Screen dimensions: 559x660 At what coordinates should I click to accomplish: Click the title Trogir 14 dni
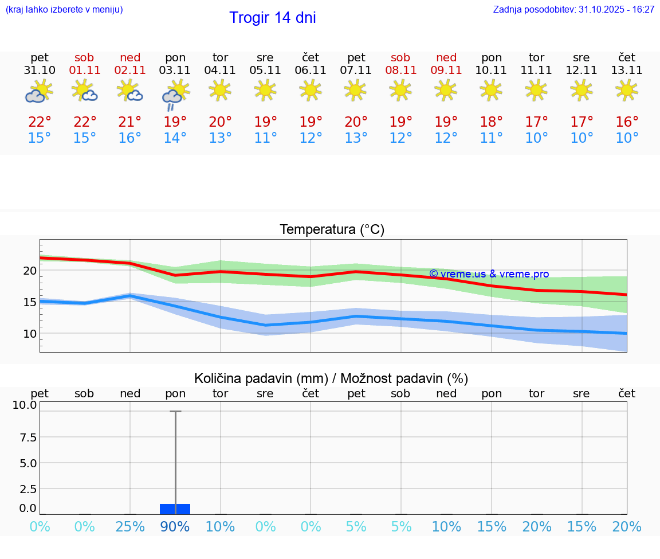click(x=272, y=18)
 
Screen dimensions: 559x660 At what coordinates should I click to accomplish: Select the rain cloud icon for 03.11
click(x=175, y=93)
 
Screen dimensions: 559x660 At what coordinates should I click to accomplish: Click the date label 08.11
click(x=400, y=71)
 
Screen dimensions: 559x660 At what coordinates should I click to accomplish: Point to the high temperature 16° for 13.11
click(x=627, y=122)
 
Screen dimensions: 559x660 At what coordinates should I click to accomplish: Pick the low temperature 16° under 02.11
click(x=130, y=138)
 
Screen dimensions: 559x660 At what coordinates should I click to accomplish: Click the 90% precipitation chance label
click(x=175, y=527)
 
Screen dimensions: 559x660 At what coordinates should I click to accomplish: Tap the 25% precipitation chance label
click(x=130, y=527)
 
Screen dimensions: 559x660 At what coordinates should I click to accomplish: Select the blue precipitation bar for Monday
click(x=175, y=509)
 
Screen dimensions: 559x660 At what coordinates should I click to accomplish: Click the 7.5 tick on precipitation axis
click(x=28, y=437)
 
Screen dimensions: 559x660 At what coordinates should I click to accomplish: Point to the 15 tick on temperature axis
click(x=29, y=302)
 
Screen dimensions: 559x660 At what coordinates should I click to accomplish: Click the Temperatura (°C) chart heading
click(x=332, y=230)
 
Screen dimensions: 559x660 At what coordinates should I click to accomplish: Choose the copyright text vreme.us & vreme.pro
click(x=489, y=274)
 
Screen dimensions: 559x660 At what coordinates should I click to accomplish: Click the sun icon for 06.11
click(x=310, y=90)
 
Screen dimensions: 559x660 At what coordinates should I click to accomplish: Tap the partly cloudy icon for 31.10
click(x=39, y=92)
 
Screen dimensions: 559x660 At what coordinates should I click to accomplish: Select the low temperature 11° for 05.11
click(x=265, y=138)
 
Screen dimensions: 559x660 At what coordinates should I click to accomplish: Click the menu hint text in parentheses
click(x=64, y=10)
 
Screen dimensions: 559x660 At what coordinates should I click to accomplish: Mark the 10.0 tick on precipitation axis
click(x=25, y=405)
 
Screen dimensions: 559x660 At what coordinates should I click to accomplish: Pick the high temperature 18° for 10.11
click(x=491, y=122)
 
